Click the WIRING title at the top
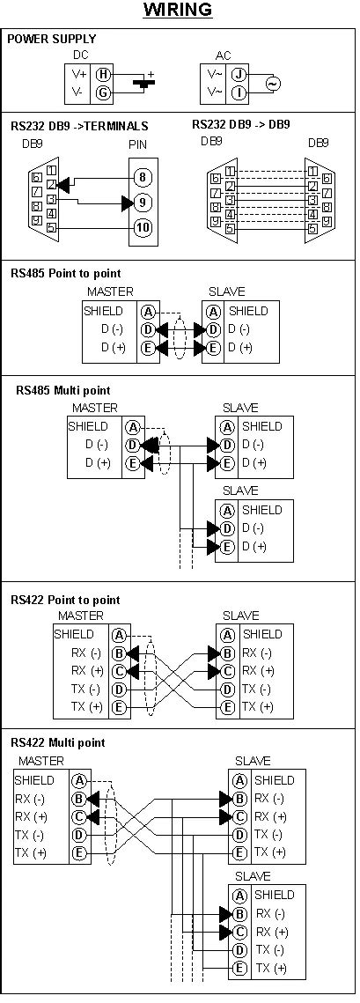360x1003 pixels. [x=179, y=11]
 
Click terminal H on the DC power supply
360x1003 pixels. [x=104, y=75]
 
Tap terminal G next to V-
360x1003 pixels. [x=104, y=92]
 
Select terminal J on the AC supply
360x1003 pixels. [x=239, y=75]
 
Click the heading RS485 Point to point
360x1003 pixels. [x=66, y=274]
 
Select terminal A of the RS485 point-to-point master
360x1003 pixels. [x=148, y=312]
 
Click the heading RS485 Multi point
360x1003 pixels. [x=64, y=389]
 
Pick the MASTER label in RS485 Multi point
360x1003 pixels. [x=95, y=409]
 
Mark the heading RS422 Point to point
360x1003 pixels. [x=66, y=600]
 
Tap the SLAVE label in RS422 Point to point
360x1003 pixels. [x=240, y=616]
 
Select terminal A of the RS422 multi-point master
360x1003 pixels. [x=79, y=780]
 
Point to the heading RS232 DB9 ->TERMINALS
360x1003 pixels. [x=80, y=126]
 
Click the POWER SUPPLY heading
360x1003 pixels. [x=51, y=40]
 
